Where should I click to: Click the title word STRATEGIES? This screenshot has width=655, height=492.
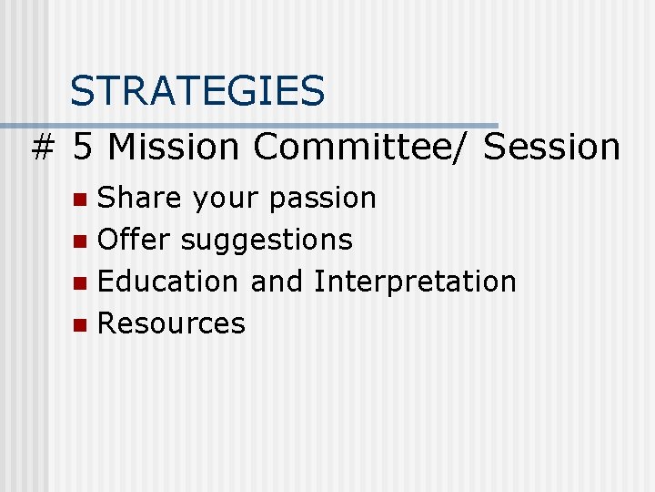click(x=197, y=91)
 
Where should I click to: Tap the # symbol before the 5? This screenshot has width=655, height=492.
click(x=41, y=147)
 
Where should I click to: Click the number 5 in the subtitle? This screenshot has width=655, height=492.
click(x=84, y=146)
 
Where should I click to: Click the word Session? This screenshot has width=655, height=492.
click(x=552, y=146)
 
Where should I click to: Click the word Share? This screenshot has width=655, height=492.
click(x=136, y=198)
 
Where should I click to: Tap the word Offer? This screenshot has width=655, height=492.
click(x=135, y=240)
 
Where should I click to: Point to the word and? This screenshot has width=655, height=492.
click(x=277, y=282)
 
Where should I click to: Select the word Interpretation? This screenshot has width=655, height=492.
click(x=415, y=282)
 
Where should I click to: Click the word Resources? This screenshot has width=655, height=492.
click(x=171, y=323)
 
